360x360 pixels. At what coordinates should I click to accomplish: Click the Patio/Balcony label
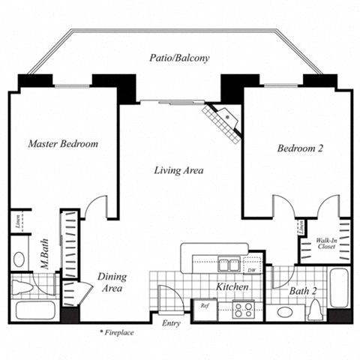[x=180, y=58]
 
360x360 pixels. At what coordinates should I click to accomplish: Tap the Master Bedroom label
[x=63, y=143]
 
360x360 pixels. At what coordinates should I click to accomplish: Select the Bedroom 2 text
[x=300, y=148]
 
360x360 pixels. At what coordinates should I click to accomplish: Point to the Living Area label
[x=178, y=170]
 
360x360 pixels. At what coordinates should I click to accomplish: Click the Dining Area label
[x=112, y=282]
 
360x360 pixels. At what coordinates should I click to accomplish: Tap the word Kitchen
[x=232, y=287]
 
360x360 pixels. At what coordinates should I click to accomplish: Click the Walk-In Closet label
[x=325, y=241]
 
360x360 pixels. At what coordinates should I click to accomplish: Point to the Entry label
[x=171, y=323]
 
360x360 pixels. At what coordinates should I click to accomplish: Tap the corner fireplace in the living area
[x=223, y=119]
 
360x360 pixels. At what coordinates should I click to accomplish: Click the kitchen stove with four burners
[x=244, y=307]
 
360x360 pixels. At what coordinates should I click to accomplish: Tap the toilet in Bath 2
[x=315, y=310]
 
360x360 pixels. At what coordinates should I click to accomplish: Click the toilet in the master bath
[x=24, y=286]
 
